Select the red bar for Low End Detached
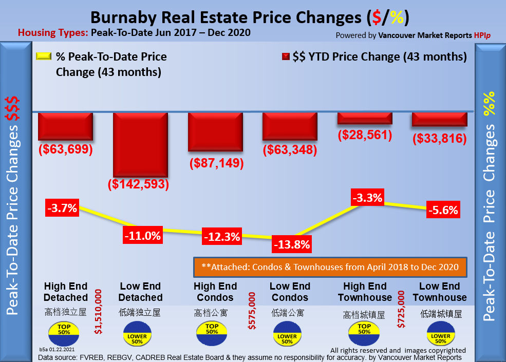tap(140, 144)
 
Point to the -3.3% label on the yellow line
tap(367, 198)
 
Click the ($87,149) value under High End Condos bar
tap(216, 164)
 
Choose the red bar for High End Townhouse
tap(365, 118)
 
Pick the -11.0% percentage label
tap(142, 236)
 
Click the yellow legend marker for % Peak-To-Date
tap(44, 56)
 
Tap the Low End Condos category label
tap(290, 292)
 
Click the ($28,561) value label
tap(365, 135)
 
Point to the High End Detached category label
tap(66, 292)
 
